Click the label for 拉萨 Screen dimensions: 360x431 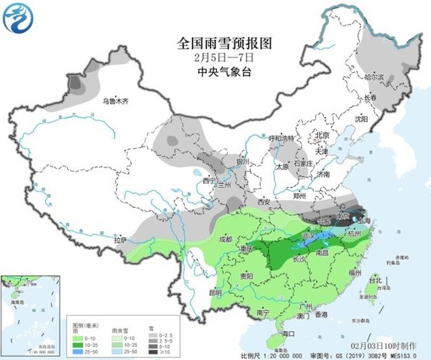120,240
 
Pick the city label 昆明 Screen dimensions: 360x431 214,292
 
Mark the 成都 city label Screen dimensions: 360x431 224,239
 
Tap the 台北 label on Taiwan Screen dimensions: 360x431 375,280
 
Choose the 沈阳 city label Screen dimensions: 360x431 361,118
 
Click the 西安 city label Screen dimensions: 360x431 263,201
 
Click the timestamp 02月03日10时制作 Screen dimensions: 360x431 384,343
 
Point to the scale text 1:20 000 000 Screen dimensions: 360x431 262,354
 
